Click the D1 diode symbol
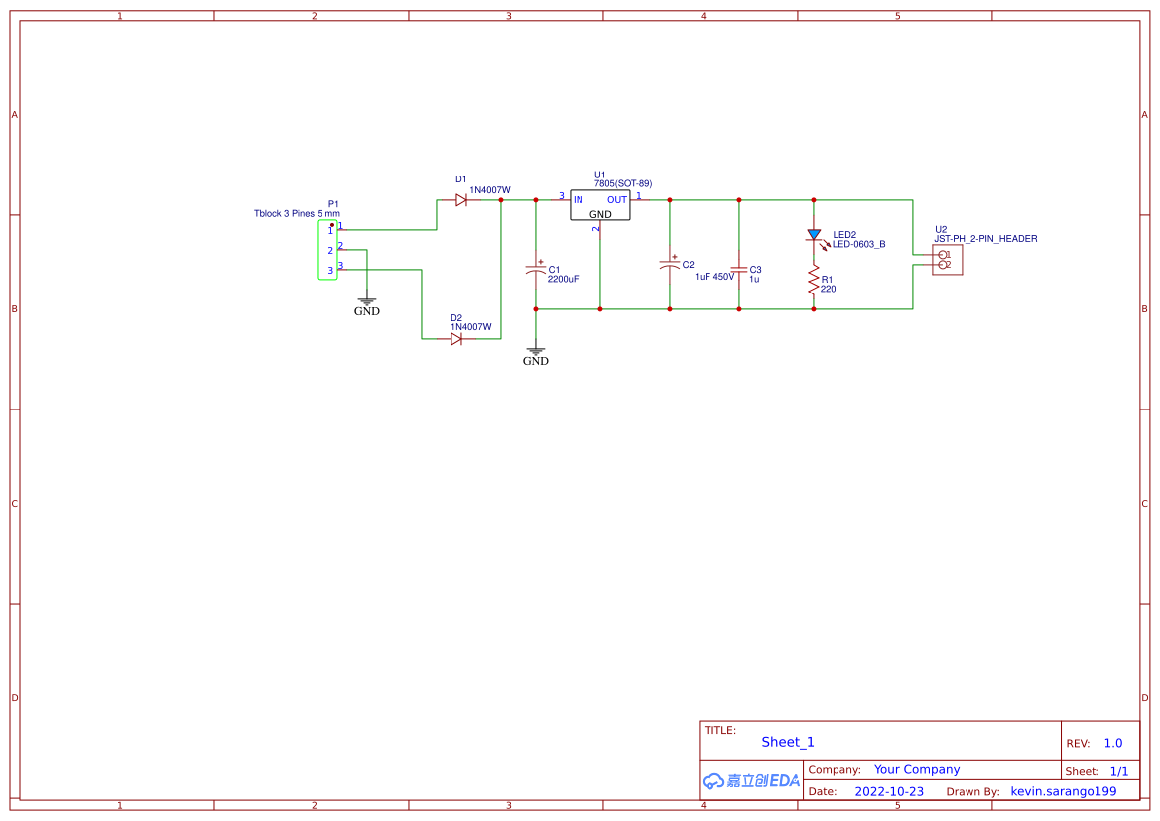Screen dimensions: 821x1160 (461, 200)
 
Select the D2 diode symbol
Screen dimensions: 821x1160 (456, 339)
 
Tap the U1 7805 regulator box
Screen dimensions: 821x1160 (600, 205)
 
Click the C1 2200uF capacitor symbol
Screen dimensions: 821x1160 (536, 269)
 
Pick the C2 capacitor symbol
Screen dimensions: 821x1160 (670, 265)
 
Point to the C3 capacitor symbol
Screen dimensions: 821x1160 (738, 269)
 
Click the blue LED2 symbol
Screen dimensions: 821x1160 (815, 236)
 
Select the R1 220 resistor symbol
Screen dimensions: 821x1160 (814, 282)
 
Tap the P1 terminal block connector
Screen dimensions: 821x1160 (327, 250)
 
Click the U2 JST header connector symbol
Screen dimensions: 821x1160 (947, 260)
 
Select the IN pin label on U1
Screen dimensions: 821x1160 (579, 200)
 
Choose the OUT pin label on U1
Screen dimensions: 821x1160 (617, 200)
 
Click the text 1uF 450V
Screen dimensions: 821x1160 (714, 278)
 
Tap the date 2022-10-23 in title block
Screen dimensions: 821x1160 (889, 792)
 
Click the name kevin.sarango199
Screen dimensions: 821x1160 (1063, 792)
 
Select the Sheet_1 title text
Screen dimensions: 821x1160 (788, 742)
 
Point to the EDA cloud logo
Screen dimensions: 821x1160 (750, 781)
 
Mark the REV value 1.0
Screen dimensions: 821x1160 (1113, 743)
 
